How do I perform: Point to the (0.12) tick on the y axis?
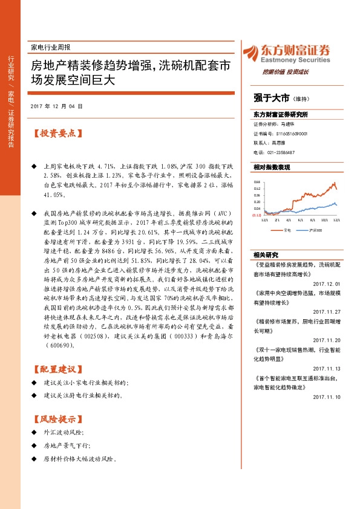(x=257, y=215)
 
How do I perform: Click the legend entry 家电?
(x=287, y=230)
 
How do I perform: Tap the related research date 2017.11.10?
(x=327, y=397)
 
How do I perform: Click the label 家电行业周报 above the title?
(x=50, y=47)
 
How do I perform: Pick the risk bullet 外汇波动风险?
(x=64, y=433)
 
